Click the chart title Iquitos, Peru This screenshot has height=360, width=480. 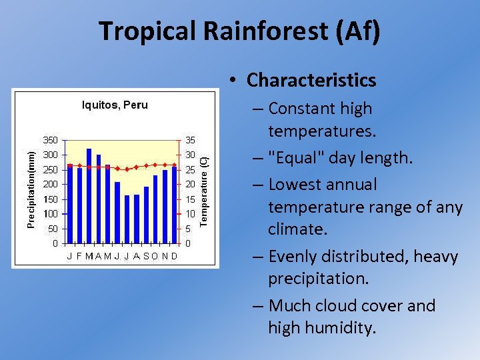115,105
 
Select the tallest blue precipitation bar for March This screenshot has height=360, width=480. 89,195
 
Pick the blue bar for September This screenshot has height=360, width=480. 146,215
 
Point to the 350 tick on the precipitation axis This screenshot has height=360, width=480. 51,140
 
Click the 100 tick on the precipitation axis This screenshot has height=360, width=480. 51,213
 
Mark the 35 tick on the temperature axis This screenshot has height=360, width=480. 190,140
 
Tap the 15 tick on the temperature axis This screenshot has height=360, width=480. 190,199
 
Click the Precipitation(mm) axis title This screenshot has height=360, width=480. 31,189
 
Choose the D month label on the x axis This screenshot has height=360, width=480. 175,256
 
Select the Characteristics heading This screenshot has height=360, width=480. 311,80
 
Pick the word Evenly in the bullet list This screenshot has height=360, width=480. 297,256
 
